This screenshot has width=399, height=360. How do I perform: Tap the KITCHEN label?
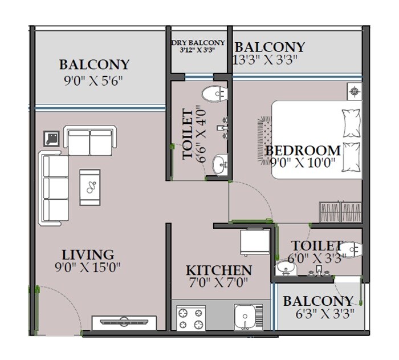(x=219, y=270)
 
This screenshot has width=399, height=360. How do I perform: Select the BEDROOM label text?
(x=303, y=151)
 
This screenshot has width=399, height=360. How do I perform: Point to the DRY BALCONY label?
(x=198, y=43)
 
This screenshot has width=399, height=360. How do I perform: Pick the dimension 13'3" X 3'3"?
(x=266, y=59)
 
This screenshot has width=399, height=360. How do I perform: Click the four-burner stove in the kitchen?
(x=191, y=318)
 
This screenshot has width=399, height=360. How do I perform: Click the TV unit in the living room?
(x=124, y=322)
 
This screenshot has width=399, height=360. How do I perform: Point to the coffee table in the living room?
(x=91, y=187)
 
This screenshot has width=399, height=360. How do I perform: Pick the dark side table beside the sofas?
(x=52, y=138)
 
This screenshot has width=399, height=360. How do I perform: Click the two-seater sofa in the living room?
(x=89, y=140)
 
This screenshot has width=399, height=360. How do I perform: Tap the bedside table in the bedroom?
(x=355, y=91)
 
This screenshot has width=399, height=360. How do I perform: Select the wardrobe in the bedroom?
(x=340, y=213)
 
